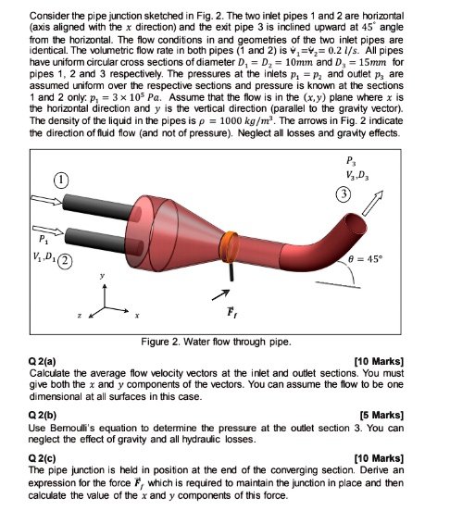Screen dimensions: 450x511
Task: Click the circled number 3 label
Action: (x=344, y=195)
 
